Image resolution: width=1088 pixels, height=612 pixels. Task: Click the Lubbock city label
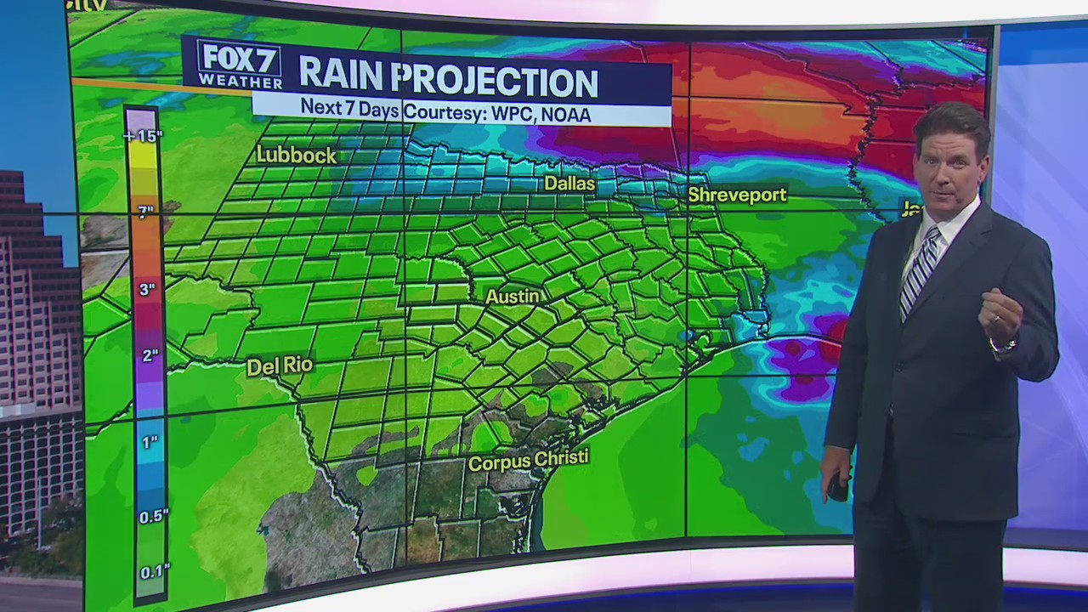point(297,156)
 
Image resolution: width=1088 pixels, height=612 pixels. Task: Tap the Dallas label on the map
point(569,184)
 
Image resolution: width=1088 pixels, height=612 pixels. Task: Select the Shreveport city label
point(737,195)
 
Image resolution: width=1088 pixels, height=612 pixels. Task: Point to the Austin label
point(513,297)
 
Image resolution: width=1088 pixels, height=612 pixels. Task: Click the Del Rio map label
point(280,366)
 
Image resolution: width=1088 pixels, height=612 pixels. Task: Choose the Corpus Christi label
point(528,461)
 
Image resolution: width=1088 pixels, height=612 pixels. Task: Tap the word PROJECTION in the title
point(497,82)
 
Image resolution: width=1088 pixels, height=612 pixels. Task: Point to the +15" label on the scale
point(142,136)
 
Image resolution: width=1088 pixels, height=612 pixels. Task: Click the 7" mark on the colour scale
point(145,212)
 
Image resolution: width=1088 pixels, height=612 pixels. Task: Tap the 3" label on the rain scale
point(147,290)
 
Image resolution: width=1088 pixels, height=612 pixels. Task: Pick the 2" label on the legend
point(150,355)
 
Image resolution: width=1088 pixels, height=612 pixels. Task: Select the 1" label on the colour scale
point(150,442)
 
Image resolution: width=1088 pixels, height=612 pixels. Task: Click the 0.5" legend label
point(153,516)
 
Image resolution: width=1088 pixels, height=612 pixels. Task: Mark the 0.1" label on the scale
point(154,571)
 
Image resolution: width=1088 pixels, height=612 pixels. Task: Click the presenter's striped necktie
point(919,271)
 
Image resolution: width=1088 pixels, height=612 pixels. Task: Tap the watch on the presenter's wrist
point(1005,345)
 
